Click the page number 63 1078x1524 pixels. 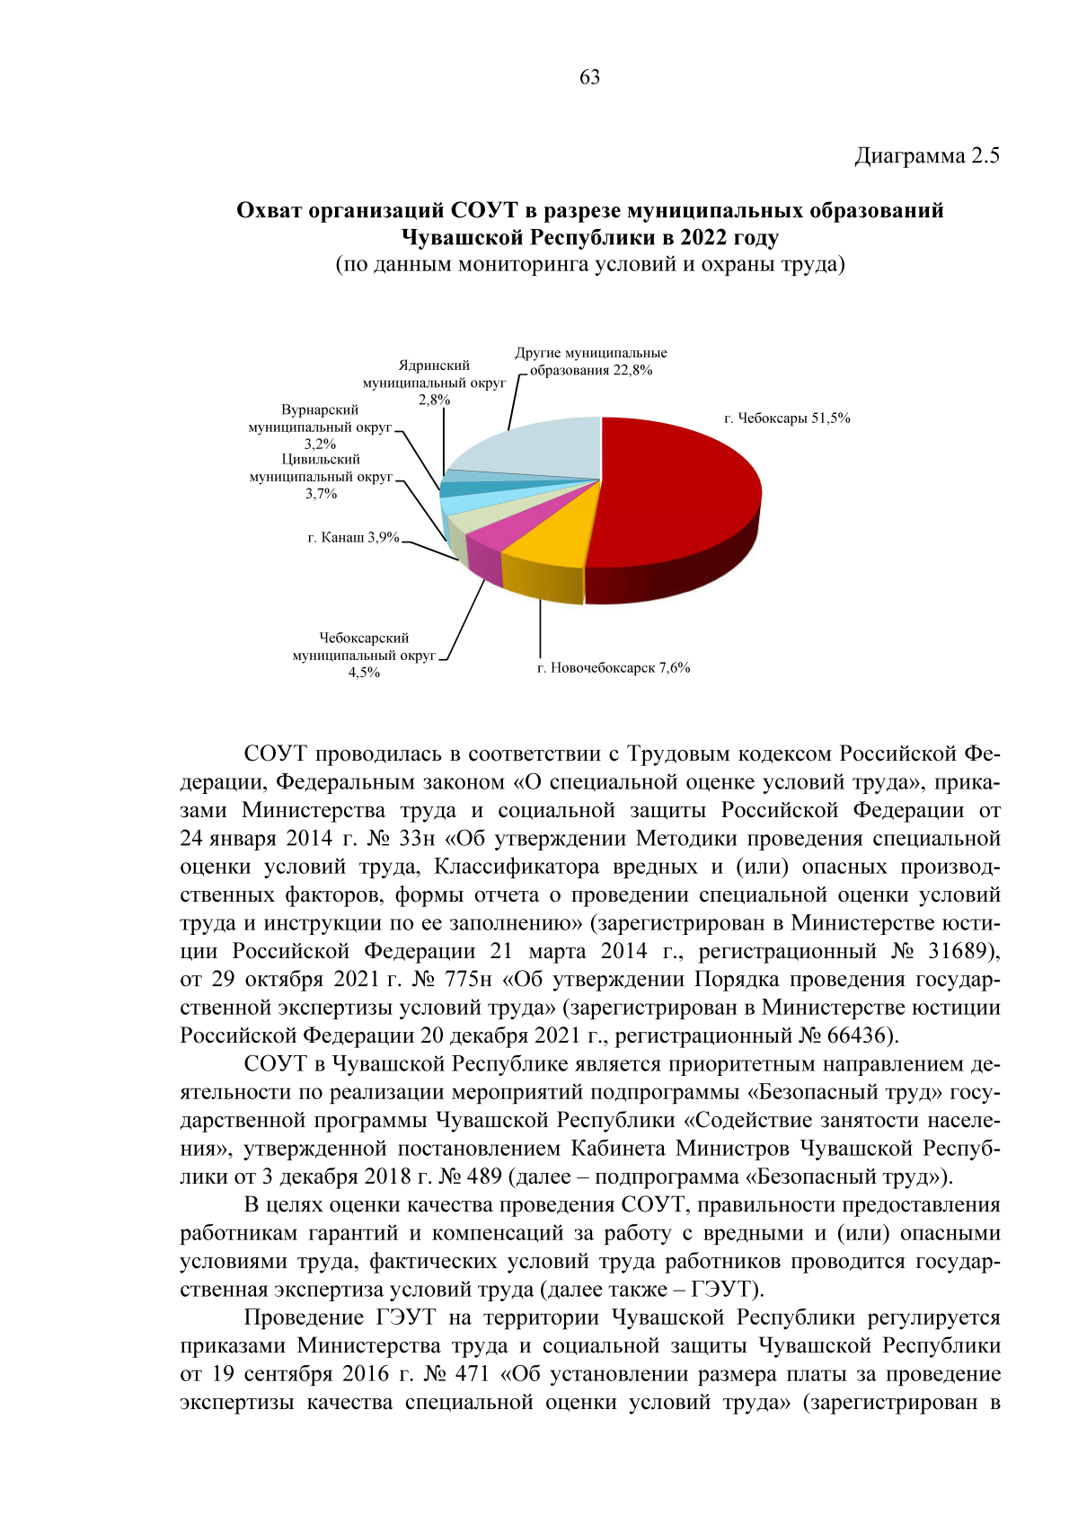coord(589,77)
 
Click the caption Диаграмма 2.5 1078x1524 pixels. coord(926,155)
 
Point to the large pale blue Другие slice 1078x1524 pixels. coord(539,449)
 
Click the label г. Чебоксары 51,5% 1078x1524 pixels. coord(787,418)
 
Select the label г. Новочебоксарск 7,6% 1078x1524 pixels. coord(614,668)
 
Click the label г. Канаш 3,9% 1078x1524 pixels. coord(353,538)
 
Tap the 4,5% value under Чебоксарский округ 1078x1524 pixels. coord(364,673)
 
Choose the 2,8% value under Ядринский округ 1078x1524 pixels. coord(434,400)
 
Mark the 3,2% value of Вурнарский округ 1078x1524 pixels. coord(320,444)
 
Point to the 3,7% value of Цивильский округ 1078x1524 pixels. coord(321,493)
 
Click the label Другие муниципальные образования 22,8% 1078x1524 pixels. coord(590,362)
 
